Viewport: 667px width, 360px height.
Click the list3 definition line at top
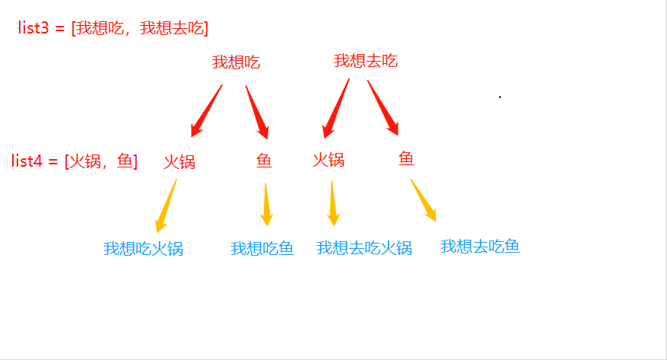pyautogui.click(x=113, y=28)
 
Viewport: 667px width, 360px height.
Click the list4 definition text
pyautogui.click(x=75, y=161)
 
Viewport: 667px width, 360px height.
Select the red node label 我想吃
pyautogui.click(x=236, y=62)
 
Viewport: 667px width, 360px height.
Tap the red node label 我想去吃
pyautogui.click(x=366, y=61)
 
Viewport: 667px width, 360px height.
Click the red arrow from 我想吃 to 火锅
pyautogui.click(x=207, y=110)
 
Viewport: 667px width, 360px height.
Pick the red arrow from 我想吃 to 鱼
pyautogui.click(x=257, y=112)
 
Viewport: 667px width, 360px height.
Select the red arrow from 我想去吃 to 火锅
pyautogui.click(x=336, y=109)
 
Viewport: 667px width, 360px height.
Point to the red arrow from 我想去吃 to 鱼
pyautogui.click(x=383, y=107)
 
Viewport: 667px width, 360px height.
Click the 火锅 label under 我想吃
pyautogui.click(x=179, y=162)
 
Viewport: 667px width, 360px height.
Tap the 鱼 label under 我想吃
pyautogui.click(x=264, y=161)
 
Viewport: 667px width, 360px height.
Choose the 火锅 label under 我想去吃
pyautogui.click(x=329, y=160)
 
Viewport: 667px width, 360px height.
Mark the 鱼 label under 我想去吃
pyautogui.click(x=406, y=158)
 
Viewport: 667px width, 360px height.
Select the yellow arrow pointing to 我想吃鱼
pyautogui.click(x=266, y=205)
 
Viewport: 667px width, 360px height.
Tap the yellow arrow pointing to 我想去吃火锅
pyautogui.click(x=333, y=203)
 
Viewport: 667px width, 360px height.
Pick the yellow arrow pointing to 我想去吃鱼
pyautogui.click(x=424, y=200)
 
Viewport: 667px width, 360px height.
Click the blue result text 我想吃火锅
pyautogui.click(x=143, y=249)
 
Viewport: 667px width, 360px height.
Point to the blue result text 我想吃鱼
pyautogui.click(x=262, y=249)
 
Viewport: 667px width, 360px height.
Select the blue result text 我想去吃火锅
pyautogui.click(x=364, y=247)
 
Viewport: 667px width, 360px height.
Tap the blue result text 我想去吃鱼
pyautogui.click(x=480, y=247)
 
